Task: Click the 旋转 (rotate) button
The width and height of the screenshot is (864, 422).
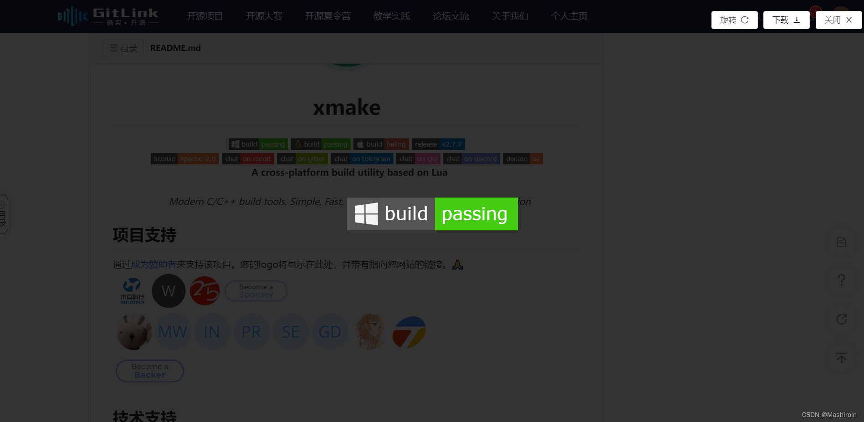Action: point(734,20)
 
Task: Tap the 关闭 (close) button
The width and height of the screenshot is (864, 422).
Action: point(838,20)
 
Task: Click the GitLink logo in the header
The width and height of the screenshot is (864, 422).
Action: point(108,16)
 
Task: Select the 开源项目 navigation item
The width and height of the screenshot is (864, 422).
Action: point(204,16)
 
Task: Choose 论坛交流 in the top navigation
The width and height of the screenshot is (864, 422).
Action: point(450,16)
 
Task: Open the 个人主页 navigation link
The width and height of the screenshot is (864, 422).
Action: point(569,16)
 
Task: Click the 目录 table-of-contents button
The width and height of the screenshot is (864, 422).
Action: point(123,48)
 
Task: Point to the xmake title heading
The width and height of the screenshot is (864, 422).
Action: point(347,107)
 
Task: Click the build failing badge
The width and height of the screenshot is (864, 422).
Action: point(381,144)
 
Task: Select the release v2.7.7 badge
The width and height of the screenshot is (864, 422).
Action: point(438,144)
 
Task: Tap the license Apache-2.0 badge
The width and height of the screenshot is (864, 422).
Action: point(184,159)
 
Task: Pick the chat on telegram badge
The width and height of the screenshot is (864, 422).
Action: point(362,159)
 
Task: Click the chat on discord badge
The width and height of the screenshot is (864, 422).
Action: point(471,159)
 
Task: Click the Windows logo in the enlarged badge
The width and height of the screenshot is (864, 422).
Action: point(366,214)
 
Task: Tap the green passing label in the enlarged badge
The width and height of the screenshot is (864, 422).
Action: point(475,214)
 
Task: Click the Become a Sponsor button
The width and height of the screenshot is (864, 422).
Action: point(256,291)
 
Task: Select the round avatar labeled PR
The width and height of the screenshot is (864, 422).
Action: point(251,332)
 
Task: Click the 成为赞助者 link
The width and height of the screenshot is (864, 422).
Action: point(153,264)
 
